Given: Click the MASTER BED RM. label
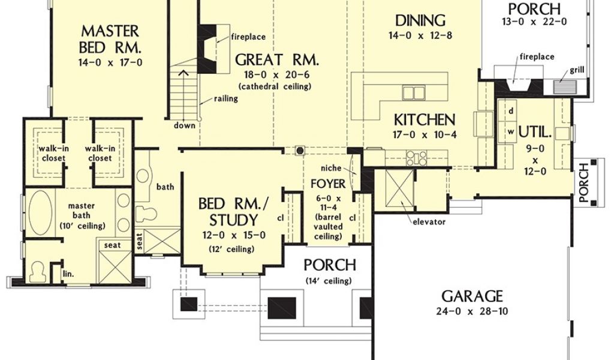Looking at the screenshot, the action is click(110, 39).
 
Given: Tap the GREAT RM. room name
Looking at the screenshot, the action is click(277, 60).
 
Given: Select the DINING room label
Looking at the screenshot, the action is click(420, 20).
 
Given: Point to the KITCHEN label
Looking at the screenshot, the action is click(425, 120).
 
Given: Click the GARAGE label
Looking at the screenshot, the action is click(472, 296).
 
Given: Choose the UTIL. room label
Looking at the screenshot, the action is click(535, 133).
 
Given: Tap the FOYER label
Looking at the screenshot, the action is click(328, 184).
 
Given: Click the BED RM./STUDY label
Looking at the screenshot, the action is click(234, 212).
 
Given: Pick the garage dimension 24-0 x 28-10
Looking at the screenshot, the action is click(472, 312).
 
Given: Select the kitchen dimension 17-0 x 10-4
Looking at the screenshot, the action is click(425, 135).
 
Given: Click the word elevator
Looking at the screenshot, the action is click(429, 222).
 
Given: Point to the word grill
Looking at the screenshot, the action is click(577, 71).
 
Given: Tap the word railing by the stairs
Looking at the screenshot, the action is click(226, 99).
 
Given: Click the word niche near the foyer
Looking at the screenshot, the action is click(331, 169).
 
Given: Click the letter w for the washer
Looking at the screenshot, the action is click(511, 132).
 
